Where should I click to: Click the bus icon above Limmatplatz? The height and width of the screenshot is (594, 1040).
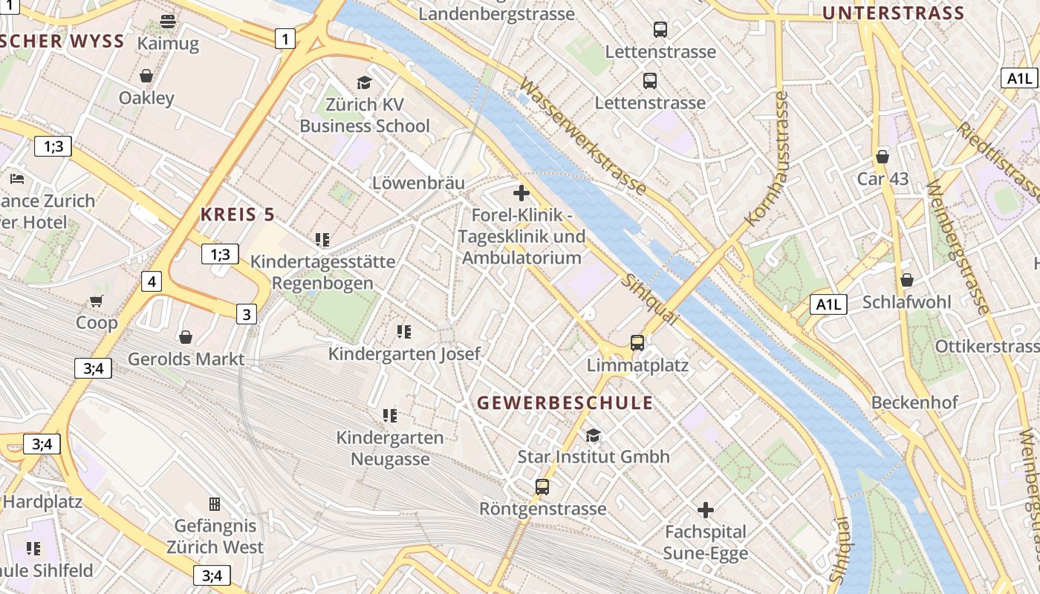[637, 342]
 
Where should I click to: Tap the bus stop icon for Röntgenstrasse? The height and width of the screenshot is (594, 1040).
[542, 487]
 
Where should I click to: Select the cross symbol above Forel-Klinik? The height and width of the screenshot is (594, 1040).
[521, 194]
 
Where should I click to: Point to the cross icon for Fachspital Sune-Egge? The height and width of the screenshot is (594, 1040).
[706, 510]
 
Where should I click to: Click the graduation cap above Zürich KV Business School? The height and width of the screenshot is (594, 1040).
[364, 82]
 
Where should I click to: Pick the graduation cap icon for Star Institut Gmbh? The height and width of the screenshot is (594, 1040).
[593, 435]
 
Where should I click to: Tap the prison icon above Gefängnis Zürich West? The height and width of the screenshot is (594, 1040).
[215, 504]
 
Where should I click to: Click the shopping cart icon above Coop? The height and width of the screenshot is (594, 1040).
[96, 301]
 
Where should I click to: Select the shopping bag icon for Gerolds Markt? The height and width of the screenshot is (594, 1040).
[186, 337]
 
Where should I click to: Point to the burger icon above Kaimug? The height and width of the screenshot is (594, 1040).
[168, 22]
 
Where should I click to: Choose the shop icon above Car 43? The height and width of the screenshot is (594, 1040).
[883, 157]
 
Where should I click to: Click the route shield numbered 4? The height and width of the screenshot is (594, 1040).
[152, 281]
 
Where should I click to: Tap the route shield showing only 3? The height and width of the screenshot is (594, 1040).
[247, 314]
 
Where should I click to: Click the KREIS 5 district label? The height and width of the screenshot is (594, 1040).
[238, 215]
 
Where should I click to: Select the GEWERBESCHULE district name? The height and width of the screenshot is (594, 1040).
[565, 403]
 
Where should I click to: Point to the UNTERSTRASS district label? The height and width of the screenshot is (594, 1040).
[893, 13]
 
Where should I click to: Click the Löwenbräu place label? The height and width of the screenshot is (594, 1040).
[418, 183]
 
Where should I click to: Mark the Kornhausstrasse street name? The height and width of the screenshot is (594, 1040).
[766, 159]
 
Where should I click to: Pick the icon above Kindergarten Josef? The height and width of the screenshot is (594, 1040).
[404, 331]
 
